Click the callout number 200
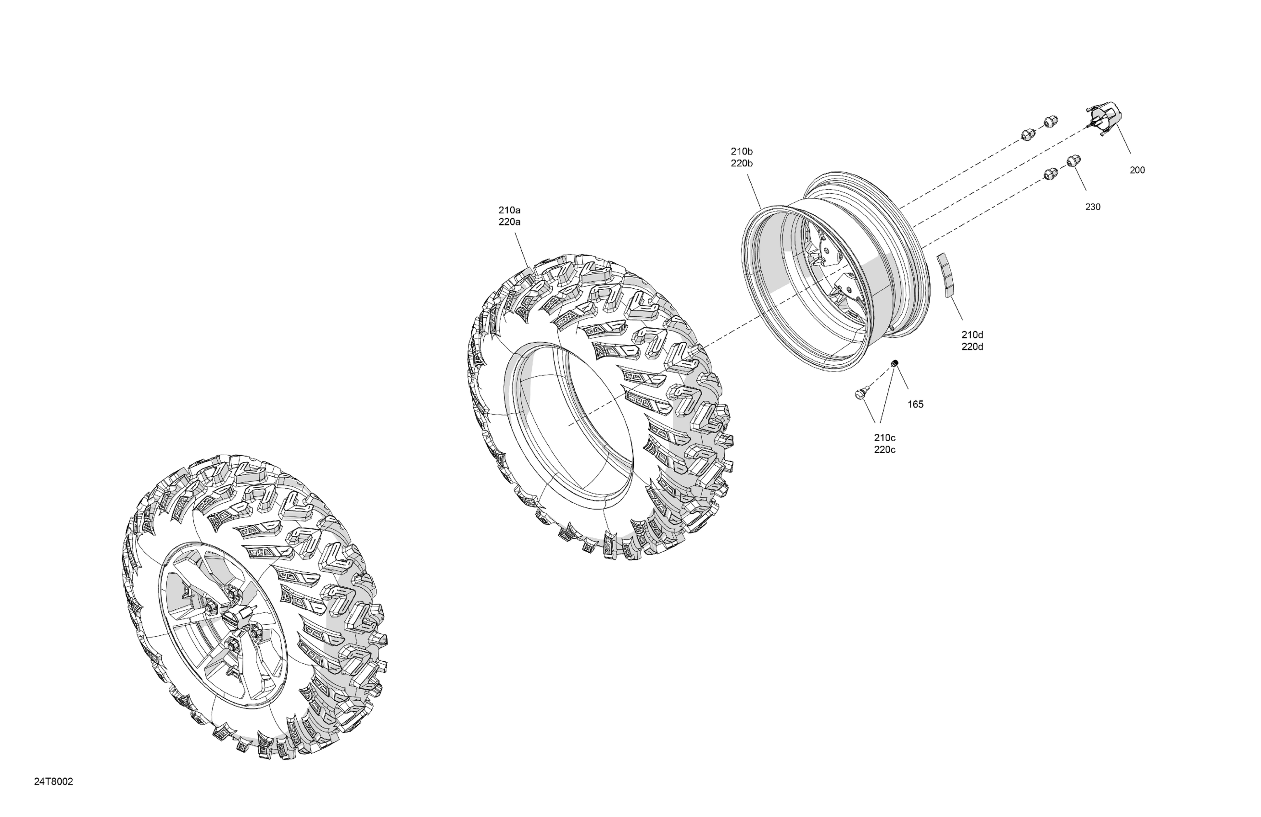tap(1137, 170)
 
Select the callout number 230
tap(1093, 207)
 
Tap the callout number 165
tap(915, 405)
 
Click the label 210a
tap(509, 210)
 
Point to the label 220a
tap(509, 223)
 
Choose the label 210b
tap(742, 151)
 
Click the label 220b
tap(742, 163)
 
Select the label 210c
tap(885, 438)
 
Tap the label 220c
tap(885, 450)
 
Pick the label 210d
tap(972, 335)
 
